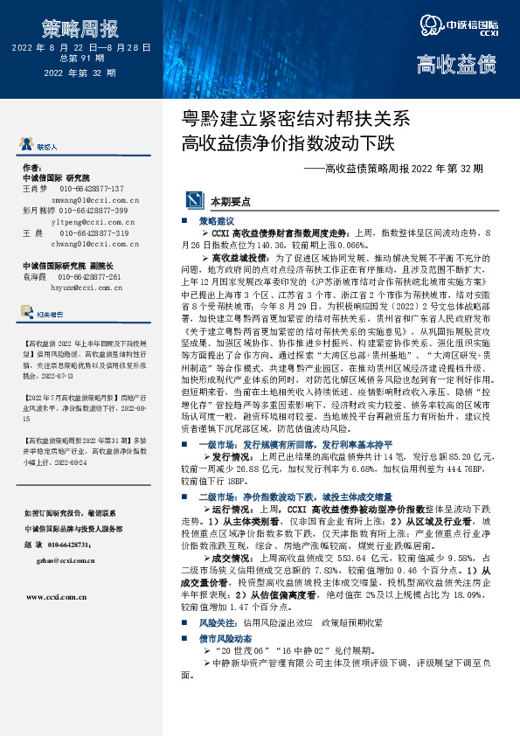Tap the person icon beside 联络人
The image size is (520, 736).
click(x=27, y=146)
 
